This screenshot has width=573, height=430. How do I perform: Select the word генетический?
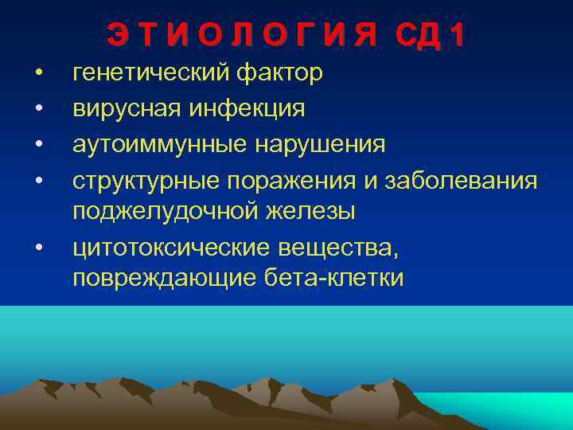tap(151, 74)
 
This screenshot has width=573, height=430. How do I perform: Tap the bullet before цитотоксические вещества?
tap(37, 249)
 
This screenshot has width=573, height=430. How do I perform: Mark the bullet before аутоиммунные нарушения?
tap(37, 147)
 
